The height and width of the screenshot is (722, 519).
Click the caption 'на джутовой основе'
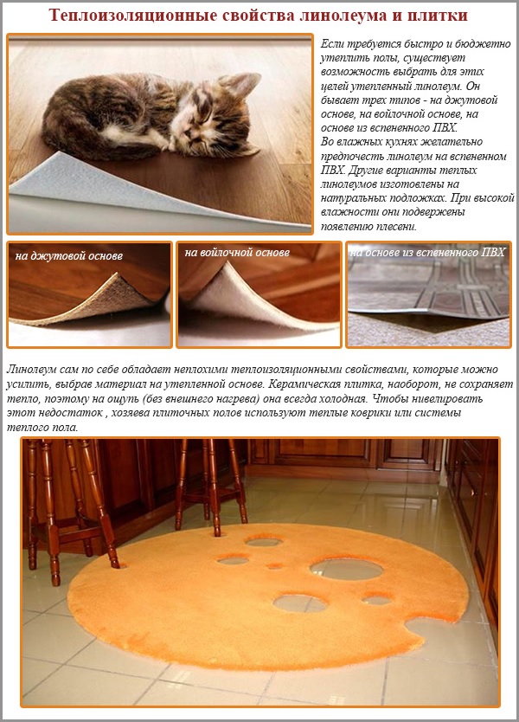[69, 256]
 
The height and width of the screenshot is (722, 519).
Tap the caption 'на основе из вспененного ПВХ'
[427, 253]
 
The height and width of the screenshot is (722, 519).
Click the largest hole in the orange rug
[346, 569]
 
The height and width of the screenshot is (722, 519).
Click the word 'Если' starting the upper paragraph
[332, 42]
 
